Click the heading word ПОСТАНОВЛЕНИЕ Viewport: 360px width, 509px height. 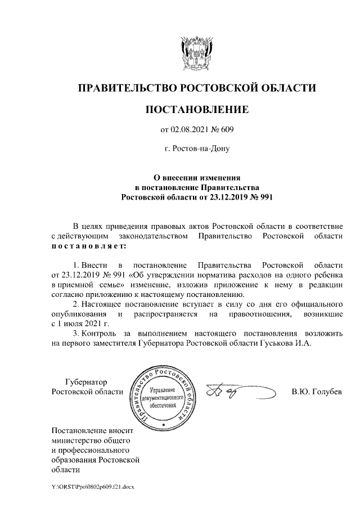pyautogui.click(x=196, y=110)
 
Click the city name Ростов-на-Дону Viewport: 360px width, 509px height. pyautogui.click(x=196, y=150)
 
